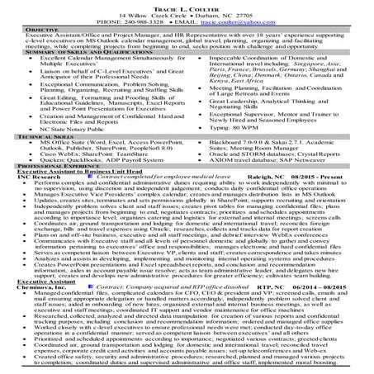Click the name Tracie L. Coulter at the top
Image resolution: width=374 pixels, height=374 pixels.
pyautogui.click(x=187, y=7)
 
